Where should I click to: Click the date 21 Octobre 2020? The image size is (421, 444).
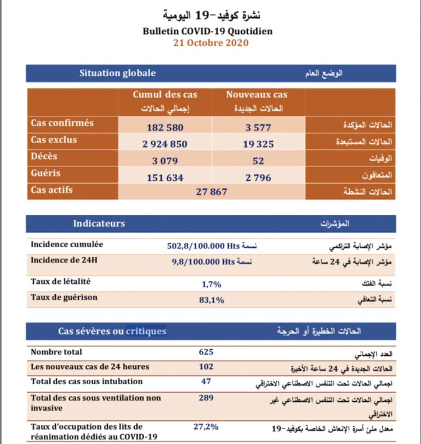click(x=210, y=43)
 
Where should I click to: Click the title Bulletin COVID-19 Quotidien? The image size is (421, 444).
click(x=210, y=32)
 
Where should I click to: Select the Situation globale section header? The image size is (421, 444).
click(x=117, y=73)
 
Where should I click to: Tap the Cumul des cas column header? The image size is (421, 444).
click(x=165, y=95)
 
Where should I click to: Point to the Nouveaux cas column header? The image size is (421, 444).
click(x=257, y=95)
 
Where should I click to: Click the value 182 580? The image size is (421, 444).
click(x=165, y=127)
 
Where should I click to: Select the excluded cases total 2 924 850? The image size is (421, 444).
click(x=165, y=144)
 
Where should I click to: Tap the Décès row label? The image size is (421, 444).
click(x=44, y=157)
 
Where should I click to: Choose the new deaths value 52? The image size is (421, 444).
click(x=258, y=161)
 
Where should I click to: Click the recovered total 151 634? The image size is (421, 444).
click(x=165, y=178)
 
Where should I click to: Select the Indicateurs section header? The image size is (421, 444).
click(x=99, y=224)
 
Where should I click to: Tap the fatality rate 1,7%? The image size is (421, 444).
click(x=212, y=284)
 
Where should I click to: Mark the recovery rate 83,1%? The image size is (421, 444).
click(x=212, y=300)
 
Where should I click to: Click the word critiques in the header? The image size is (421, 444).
click(x=146, y=332)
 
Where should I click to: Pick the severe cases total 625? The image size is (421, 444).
click(x=206, y=352)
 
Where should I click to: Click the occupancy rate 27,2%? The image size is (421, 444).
click(x=206, y=425)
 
